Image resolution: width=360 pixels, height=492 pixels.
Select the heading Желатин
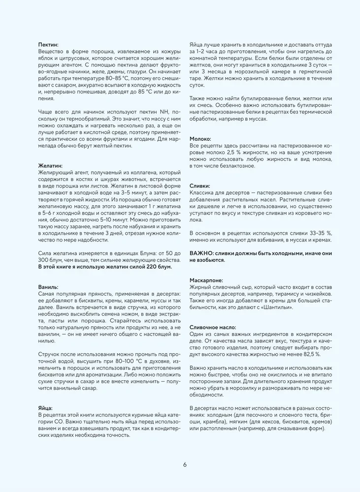[50, 166]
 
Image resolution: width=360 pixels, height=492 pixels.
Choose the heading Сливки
[200, 186]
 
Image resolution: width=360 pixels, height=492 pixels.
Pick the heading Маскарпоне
[206, 279]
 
